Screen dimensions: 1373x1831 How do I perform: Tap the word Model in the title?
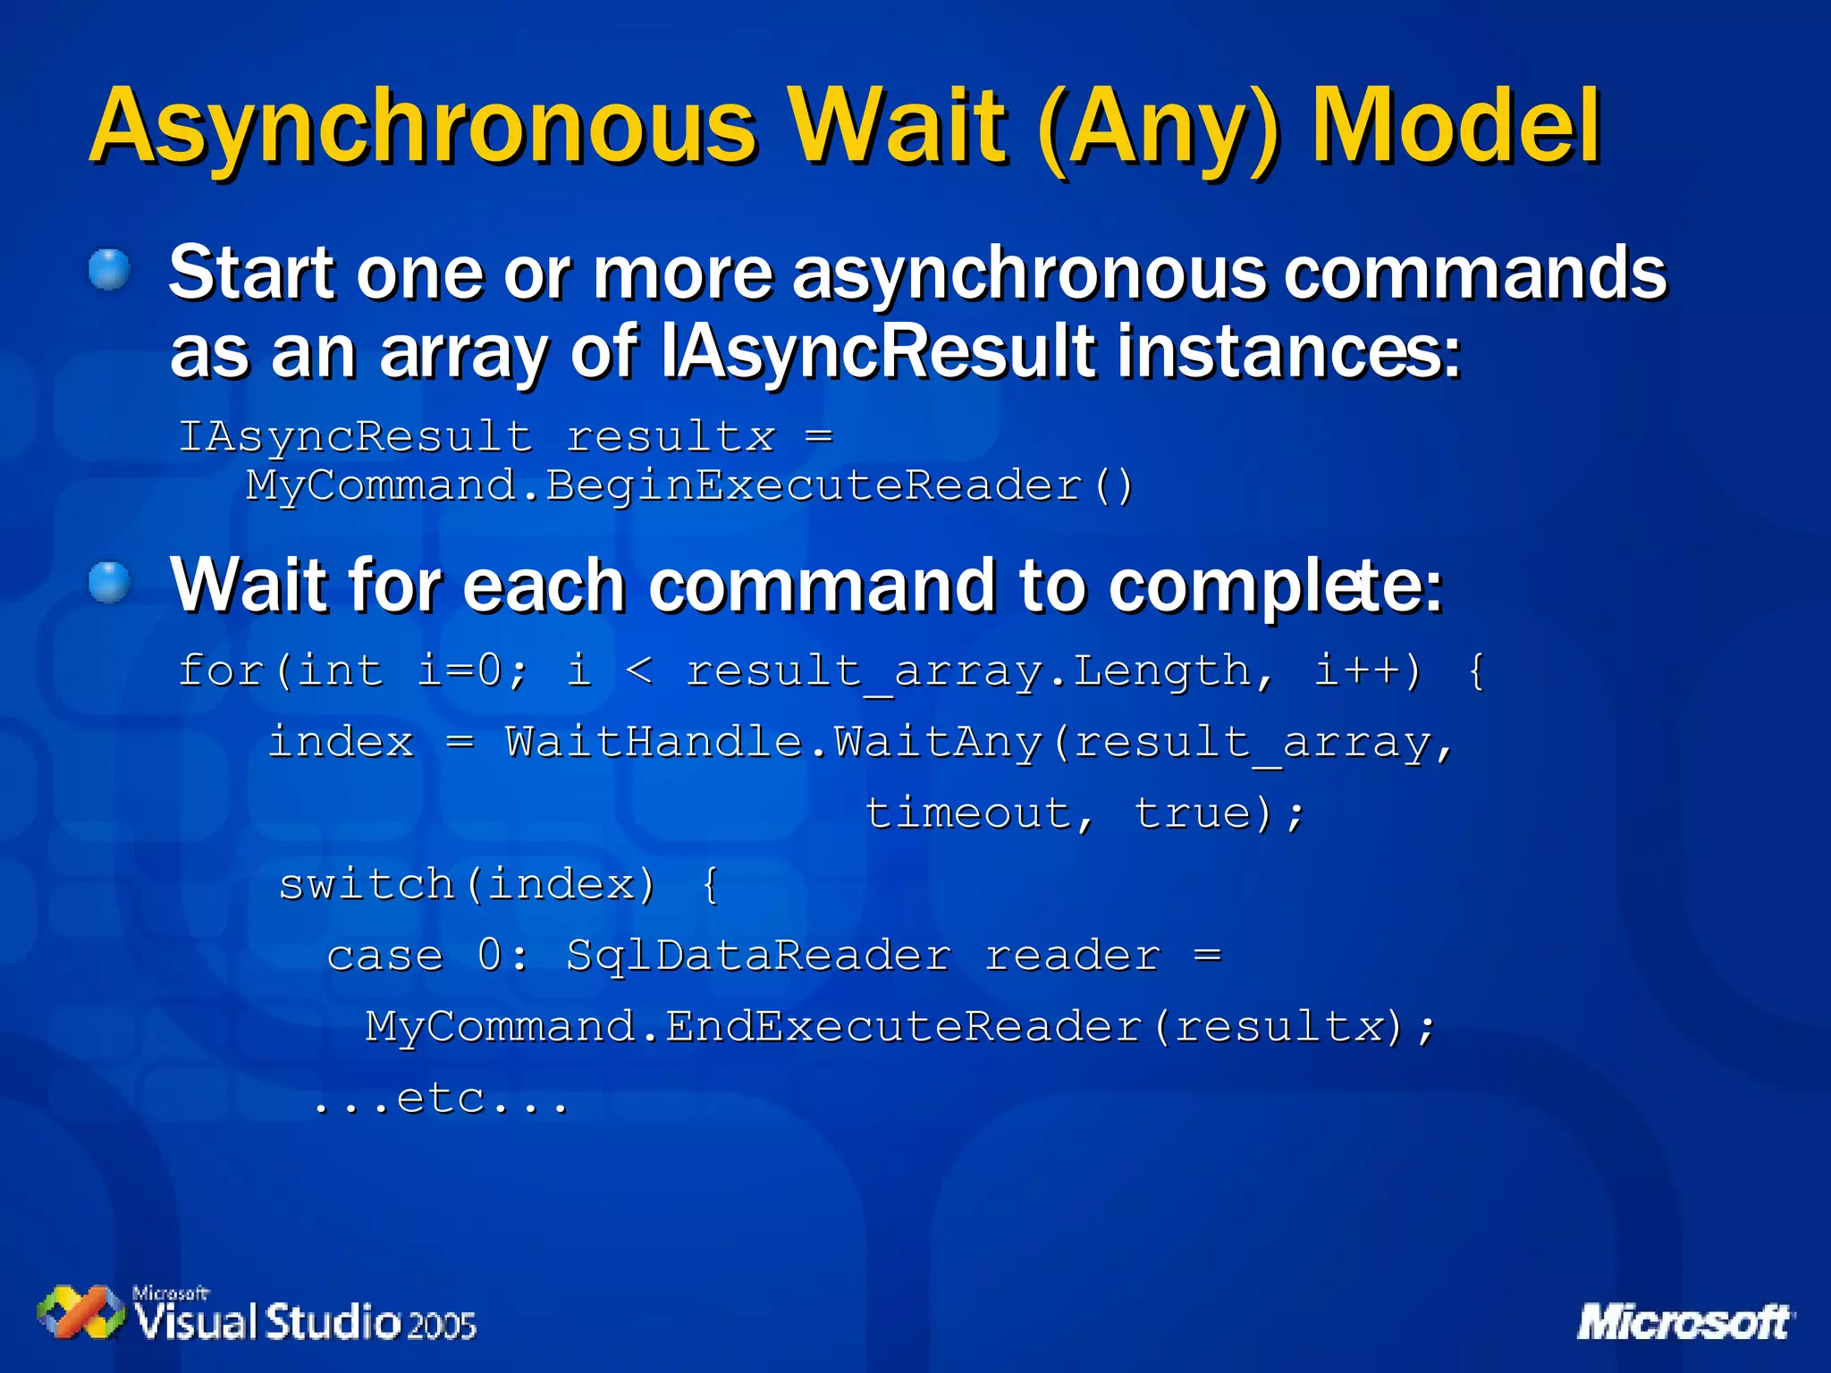[1456, 128]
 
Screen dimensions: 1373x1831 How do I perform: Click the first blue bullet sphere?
[110, 269]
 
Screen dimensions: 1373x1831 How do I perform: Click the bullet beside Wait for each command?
[110, 583]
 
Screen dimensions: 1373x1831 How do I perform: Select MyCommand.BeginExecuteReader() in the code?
[689, 486]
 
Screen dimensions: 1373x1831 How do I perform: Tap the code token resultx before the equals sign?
[671, 437]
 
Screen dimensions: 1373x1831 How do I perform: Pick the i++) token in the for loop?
[1367, 670]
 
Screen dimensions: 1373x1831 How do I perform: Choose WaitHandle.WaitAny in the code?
[774, 742]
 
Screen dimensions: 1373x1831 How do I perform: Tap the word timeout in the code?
[967, 813]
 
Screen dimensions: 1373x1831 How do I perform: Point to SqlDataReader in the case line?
[758, 956]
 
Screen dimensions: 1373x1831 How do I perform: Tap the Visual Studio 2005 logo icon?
[80, 1312]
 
